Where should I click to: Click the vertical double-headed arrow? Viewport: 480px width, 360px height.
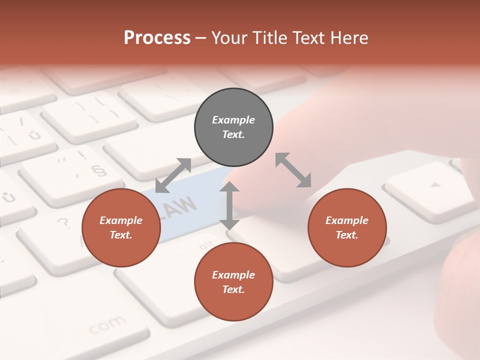coord(229,205)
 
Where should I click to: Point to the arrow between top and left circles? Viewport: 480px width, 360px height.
coord(173,175)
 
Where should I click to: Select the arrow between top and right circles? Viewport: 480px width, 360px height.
coord(293,170)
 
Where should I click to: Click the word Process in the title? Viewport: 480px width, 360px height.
coord(157,37)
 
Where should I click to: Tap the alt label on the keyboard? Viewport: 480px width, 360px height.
coord(206,246)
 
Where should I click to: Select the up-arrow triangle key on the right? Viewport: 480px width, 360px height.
coord(436,184)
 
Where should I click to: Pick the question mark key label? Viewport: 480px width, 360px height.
coord(63,222)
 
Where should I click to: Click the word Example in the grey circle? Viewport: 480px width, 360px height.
coord(233,120)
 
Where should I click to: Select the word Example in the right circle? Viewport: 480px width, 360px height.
coord(347,220)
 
